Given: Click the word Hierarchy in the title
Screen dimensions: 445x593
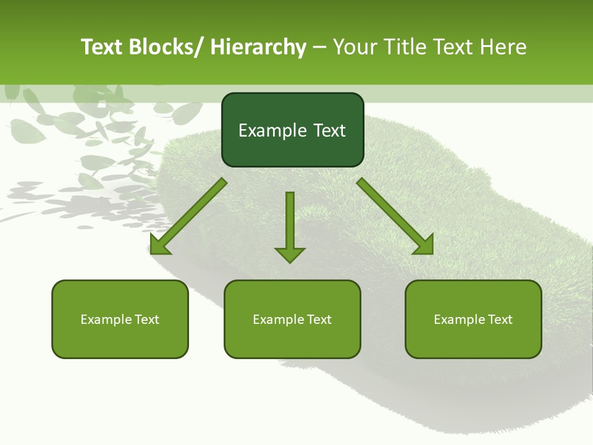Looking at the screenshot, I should [258, 47].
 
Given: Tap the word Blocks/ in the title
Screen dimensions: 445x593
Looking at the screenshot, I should [164, 47].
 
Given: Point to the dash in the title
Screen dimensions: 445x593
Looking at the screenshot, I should [319, 48].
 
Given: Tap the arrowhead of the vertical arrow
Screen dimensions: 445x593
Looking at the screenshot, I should [290, 254].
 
